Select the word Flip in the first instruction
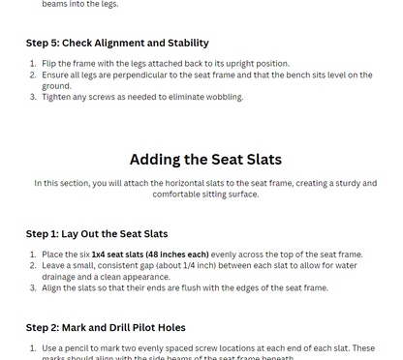(x=51, y=63)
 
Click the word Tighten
(x=57, y=97)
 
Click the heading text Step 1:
(x=46, y=234)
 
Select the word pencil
(x=82, y=347)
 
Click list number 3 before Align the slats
(x=32, y=287)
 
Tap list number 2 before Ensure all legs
(x=32, y=75)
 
